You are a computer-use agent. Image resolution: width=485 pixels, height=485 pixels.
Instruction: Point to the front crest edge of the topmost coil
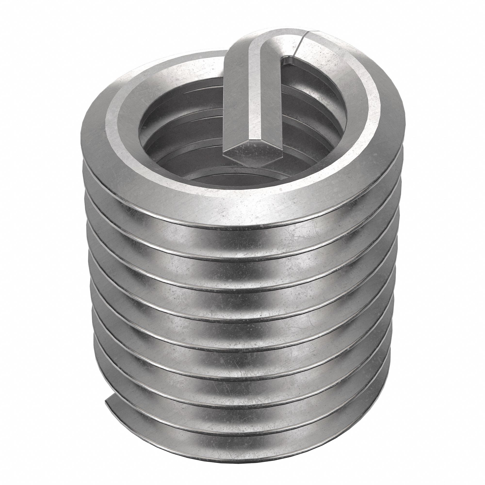226,216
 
